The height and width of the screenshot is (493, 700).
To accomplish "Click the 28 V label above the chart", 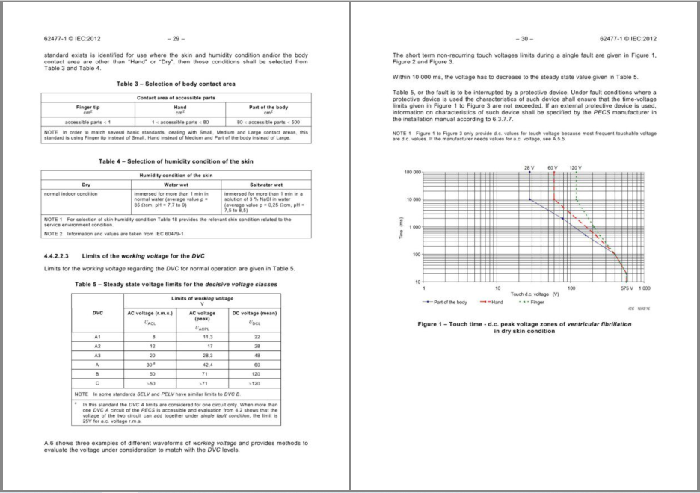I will click(529, 167).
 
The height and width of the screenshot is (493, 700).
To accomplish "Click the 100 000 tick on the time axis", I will click(413, 173).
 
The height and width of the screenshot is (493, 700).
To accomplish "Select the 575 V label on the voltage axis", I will click(627, 288).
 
